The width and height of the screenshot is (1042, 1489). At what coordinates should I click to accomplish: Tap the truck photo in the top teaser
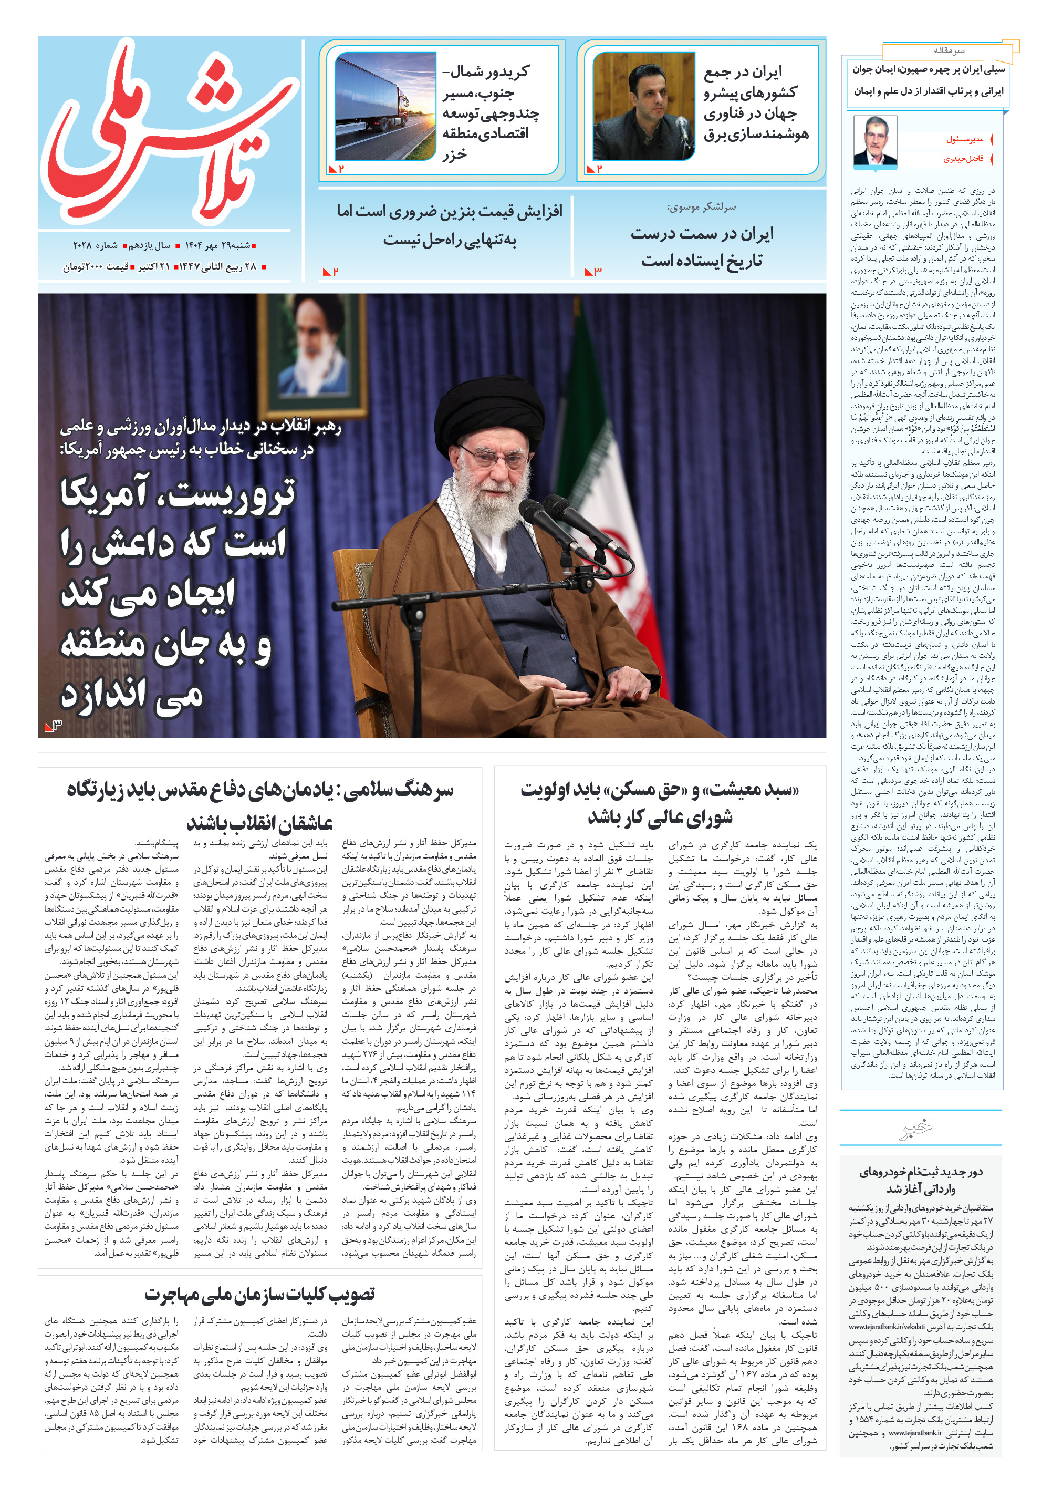coord(385,106)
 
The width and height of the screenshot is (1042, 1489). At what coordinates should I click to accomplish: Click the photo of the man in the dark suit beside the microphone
coord(643,106)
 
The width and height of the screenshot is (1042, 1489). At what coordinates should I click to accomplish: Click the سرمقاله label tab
coord(949,50)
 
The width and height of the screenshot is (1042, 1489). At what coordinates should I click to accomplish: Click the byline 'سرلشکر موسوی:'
coord(701,208)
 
